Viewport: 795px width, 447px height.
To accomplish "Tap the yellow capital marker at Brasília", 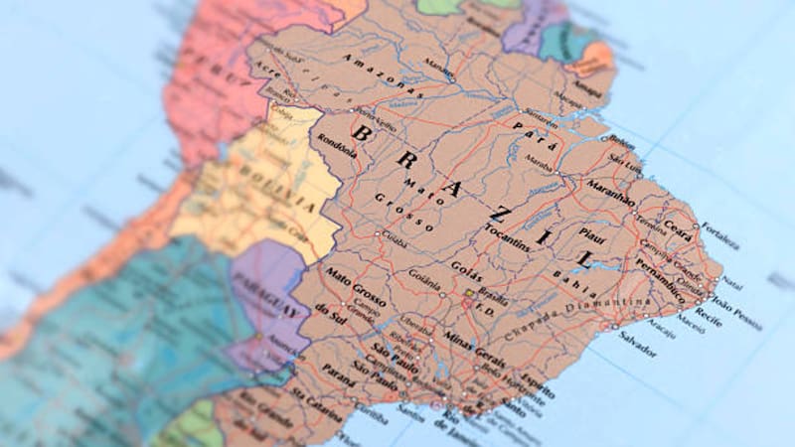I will click(x=469, y=292).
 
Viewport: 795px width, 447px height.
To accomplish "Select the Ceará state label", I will click(x=680, y=225).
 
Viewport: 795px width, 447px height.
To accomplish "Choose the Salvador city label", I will click(x=637, y=350).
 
